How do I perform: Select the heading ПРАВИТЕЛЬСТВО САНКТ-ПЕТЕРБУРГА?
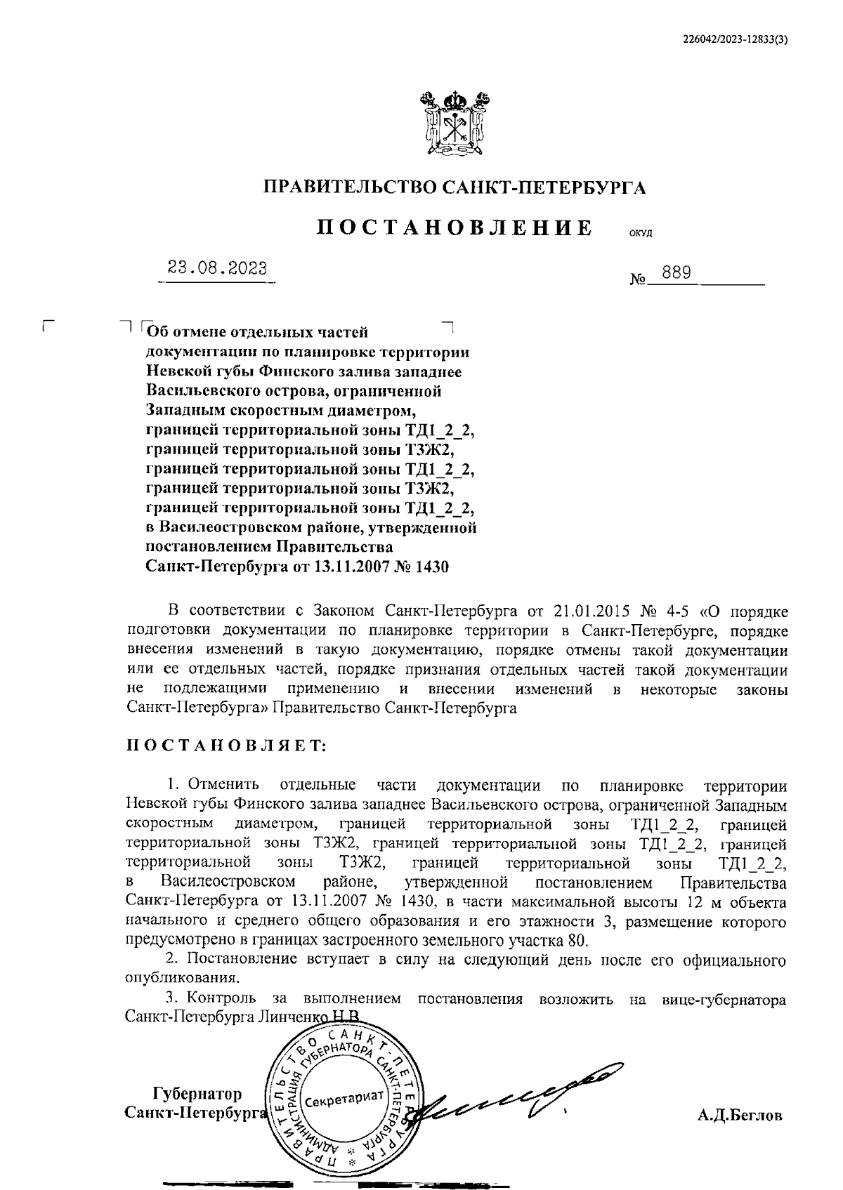click(x=454, y=187)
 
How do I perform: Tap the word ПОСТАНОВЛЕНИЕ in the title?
click(x=454, y=228)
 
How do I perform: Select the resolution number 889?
click(x=676, y=272)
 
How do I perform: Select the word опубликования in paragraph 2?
click(x=181, y=977)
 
